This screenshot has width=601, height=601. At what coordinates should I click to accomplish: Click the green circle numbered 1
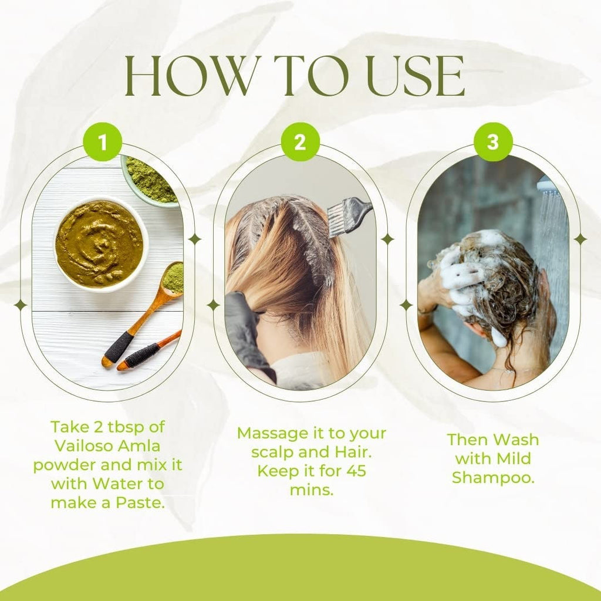click(x=102, y=142)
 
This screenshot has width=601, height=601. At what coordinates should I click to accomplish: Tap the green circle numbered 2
click(x=300, y=142)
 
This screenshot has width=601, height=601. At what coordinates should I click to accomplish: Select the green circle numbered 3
click(x=493, y=142)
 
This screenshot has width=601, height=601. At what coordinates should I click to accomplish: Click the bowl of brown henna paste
click(x=100, y=244)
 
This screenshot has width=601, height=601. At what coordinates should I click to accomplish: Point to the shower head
click(x=546, y=184)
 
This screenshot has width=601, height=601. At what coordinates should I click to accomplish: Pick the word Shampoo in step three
click(x=493, y=478)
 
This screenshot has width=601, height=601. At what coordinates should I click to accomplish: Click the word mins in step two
click(x=312, y=490)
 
